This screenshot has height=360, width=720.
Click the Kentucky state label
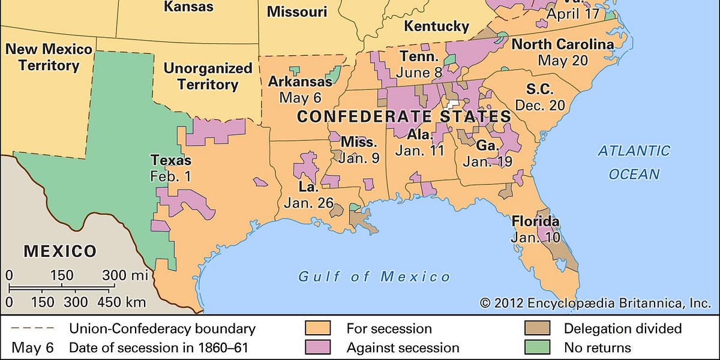coord(436,26)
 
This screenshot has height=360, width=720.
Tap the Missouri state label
coord(297,11)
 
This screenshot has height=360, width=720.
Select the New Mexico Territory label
coord(49,57)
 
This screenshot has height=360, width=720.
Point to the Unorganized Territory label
coord(208,76)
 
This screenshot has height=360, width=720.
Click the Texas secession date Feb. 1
coord(171,176)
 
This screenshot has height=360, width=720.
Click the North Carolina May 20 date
coord(562,61)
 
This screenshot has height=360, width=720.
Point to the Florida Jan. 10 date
coord(535,238)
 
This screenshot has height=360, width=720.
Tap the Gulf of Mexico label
coord(375,277)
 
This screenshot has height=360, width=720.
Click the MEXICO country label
coord(60,251)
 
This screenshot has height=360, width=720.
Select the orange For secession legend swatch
coord(319,329)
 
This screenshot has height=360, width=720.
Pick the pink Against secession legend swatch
coord(319,347)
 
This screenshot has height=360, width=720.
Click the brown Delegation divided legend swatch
coord(537,329)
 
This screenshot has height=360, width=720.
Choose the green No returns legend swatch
coord(537,347)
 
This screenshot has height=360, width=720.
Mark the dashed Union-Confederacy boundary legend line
coord(30,329)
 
